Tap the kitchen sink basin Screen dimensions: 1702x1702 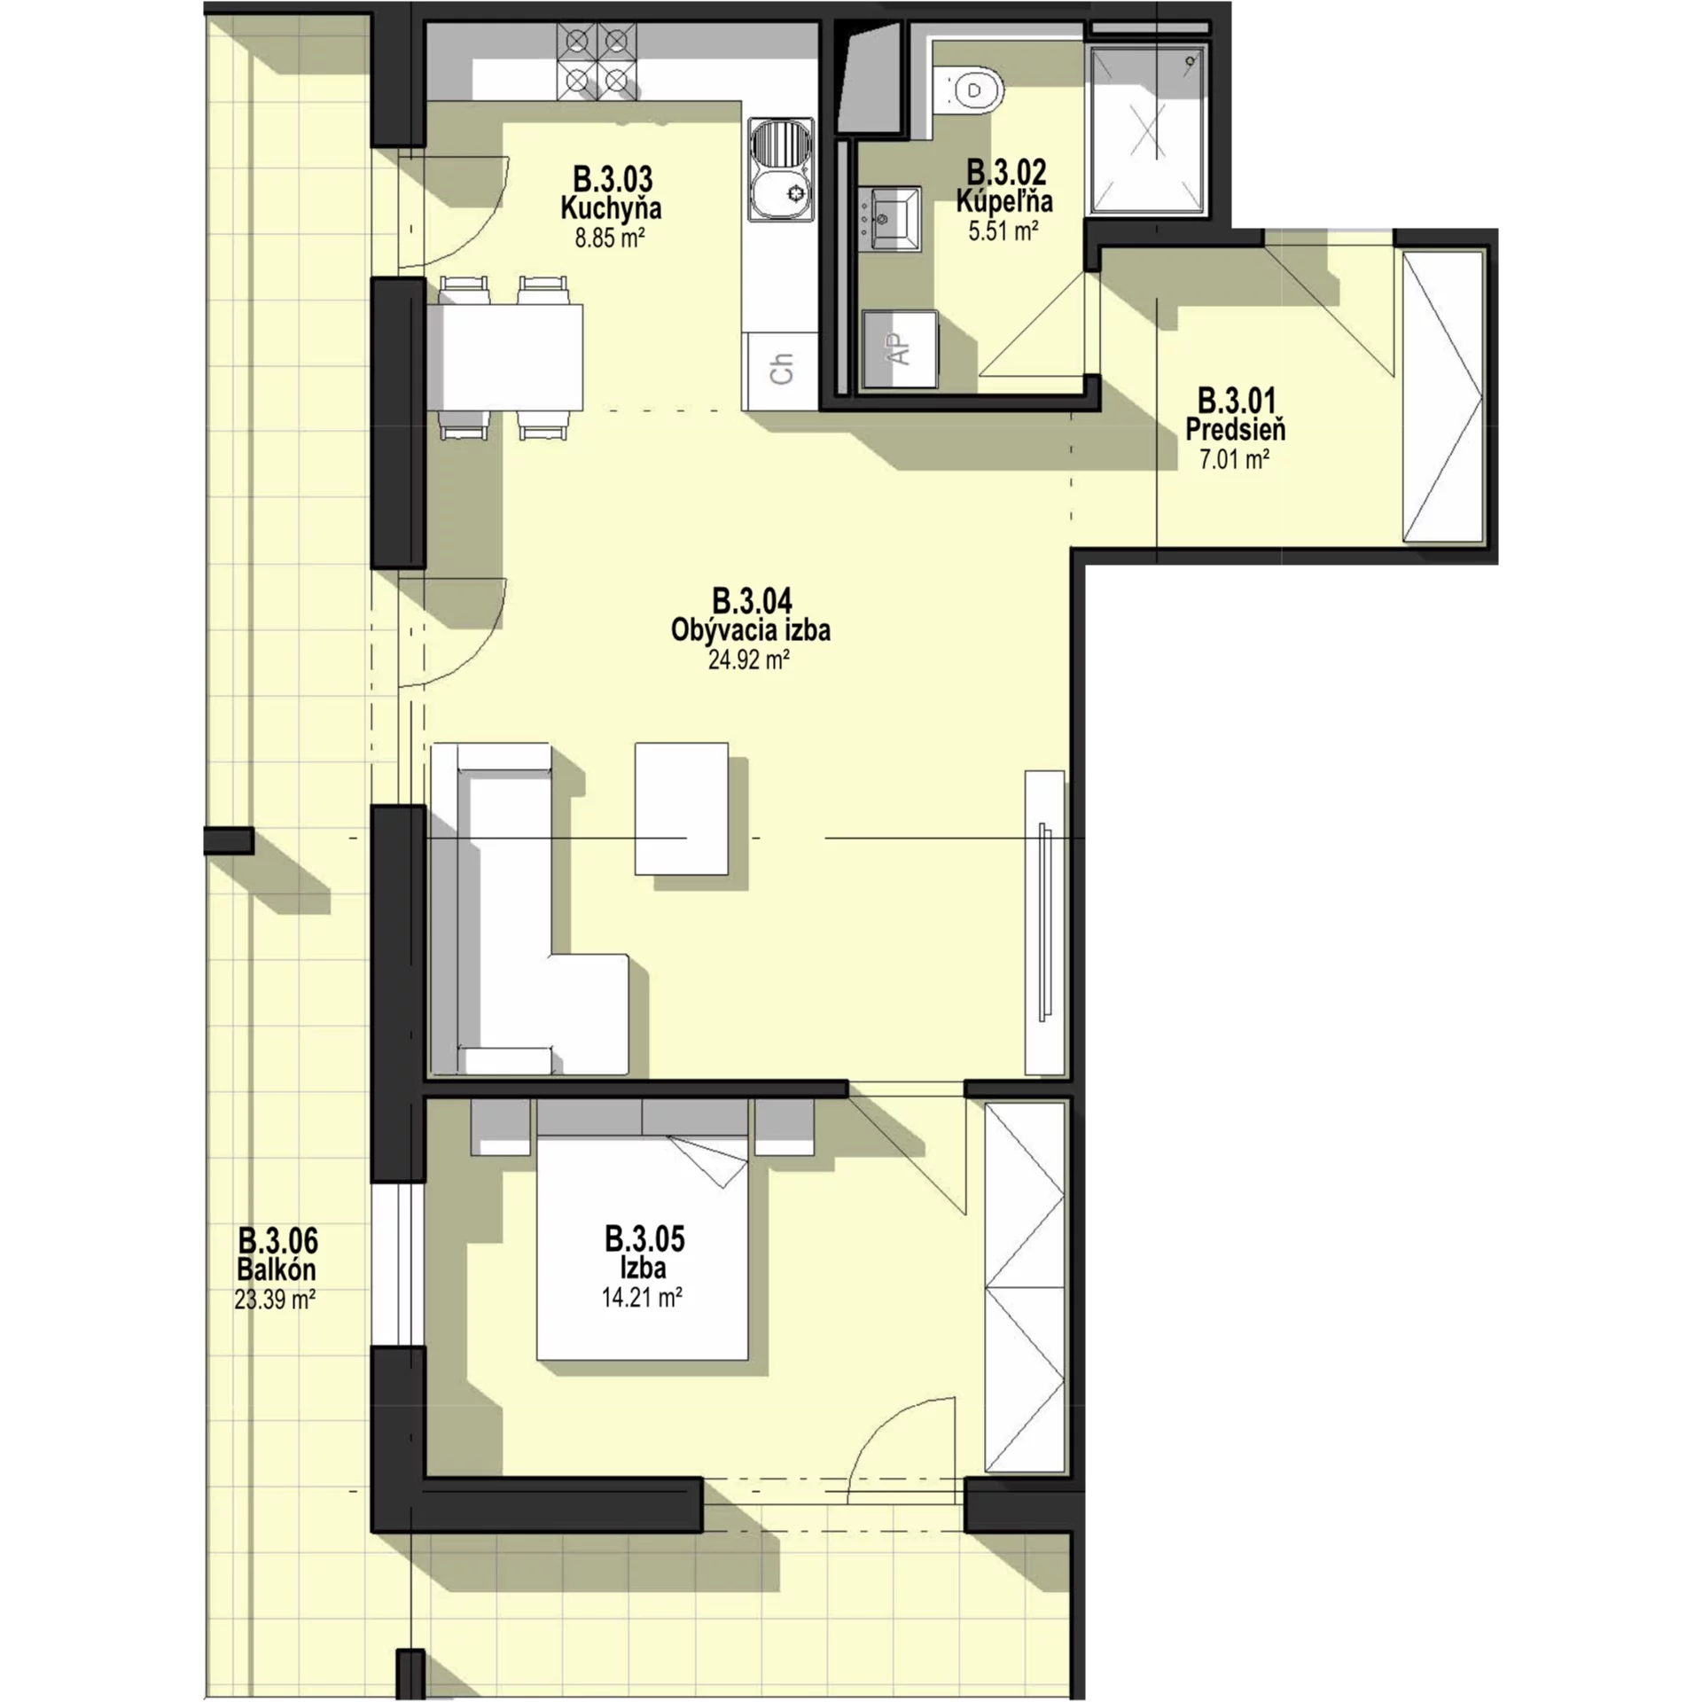[x=781, y=170]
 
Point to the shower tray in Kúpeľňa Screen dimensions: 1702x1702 [x=1147, y=131]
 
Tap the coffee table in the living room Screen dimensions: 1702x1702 [x=682, y=808]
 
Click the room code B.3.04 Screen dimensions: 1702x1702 [x=752, y=601]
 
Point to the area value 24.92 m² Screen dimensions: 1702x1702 [x=749, y=660]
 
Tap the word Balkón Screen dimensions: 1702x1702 [x=277, y=1269]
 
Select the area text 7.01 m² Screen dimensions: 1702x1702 [x=1235, y=459]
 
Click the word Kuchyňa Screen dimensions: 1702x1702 [x=611, y=208]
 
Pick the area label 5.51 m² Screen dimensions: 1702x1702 [x=1003, y=232]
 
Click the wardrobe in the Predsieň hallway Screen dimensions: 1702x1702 [x=1442, y=395]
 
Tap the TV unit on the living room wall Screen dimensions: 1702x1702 [x=1045, y=923]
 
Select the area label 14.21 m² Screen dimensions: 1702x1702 [x=642, y=1298]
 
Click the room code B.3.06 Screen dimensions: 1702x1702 [x=277, y=1239]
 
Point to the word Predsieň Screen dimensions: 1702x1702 [x=1236, y=430]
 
